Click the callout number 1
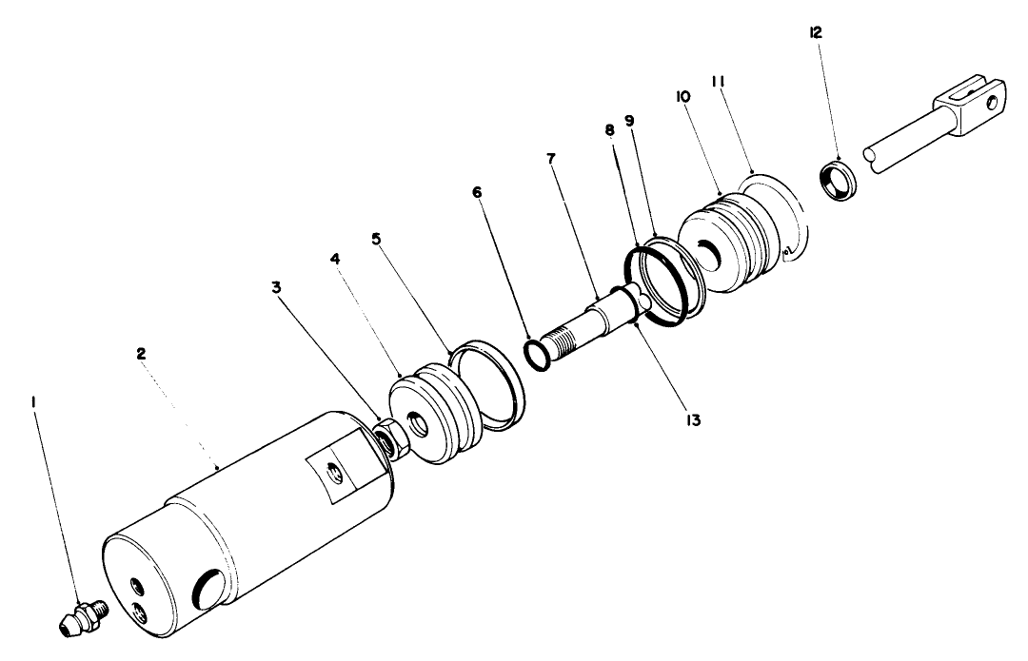pyautogui.click(x=33, y=402)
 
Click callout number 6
pyautogui.click(x=477, y=193)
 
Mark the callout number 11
pyautogui.click(x=719, y=83)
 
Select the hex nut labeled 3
pyautogui.click(x=387, y=439)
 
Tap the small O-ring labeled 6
pyautogui.click(x=537, y=355)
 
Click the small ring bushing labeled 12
pyautogui.click(x=837, y=184)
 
